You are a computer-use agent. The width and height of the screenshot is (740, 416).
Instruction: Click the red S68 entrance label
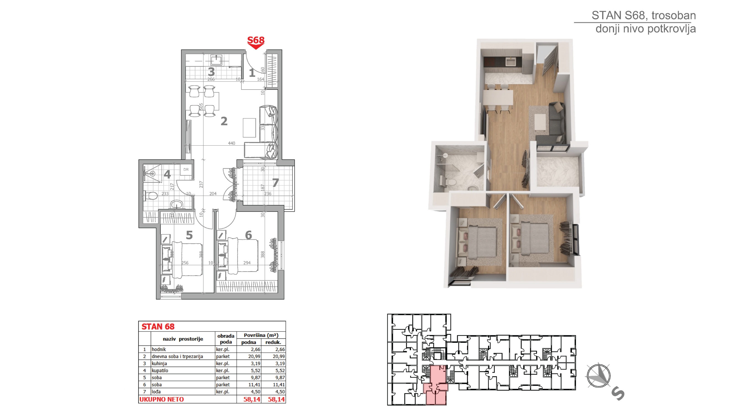(256, 40)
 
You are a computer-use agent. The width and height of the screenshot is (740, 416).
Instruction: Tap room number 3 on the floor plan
(211, 72)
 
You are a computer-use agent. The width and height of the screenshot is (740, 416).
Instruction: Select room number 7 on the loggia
(276, 182)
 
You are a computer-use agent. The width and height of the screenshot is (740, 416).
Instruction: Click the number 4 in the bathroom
(167, 174)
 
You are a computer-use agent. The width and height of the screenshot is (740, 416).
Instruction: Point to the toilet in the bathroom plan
(150, 196)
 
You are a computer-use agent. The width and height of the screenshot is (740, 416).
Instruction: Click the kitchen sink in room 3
(216, 60)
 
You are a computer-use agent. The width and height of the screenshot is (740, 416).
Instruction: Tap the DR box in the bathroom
(186, 170)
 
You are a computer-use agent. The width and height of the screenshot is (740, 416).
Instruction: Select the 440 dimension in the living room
(231, 143)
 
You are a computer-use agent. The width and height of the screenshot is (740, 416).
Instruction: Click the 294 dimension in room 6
(247, 263)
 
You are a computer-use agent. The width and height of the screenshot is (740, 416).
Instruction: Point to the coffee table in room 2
(249, 128)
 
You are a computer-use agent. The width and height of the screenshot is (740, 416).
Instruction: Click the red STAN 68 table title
(158, 327)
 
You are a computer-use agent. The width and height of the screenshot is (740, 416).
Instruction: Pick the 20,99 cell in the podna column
(254, 356)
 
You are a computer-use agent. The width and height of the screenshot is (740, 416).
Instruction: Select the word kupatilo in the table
(160, 371)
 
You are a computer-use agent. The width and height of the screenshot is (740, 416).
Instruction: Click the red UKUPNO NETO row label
(161, 399)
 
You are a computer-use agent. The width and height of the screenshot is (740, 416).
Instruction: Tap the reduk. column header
(273, 342)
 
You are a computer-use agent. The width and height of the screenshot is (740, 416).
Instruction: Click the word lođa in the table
(156, 392)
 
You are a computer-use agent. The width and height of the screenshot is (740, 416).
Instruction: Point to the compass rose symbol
(599, 376)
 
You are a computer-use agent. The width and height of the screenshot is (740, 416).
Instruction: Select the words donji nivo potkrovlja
(645, 29)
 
